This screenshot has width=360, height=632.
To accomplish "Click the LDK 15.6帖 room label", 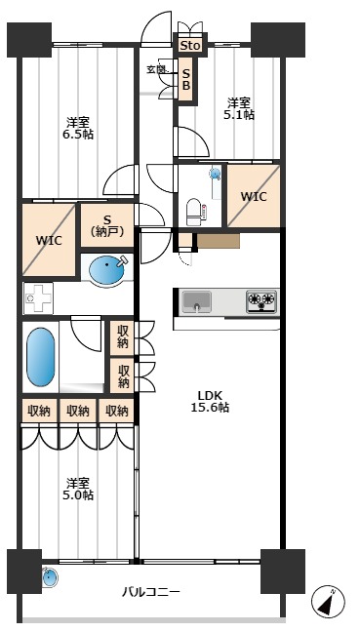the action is pos(210,402).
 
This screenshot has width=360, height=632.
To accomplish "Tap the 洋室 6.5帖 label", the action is pos(78,128).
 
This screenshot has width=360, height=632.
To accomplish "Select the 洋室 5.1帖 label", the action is pos(239,108).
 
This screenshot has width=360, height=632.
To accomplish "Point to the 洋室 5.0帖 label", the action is pos(78,489).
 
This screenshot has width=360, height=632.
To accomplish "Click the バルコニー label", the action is pos(151,592).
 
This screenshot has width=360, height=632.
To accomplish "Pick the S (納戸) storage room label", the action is pos(107,225).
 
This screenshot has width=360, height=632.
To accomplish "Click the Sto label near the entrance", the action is pos(190,46).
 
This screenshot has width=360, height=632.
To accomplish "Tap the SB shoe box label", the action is pos(185,79).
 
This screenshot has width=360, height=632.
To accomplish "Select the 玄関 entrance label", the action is pos(156,69).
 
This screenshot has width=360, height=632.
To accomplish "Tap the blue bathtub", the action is pos(40,357).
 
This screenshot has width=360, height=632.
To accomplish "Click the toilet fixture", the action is pos(194,212).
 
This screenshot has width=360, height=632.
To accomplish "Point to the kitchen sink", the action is pos(196,301).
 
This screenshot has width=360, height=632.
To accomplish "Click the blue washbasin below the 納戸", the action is pos(107,269).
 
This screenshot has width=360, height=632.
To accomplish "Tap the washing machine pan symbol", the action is pos(38,298).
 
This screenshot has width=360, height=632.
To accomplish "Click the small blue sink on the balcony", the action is pos(50,577).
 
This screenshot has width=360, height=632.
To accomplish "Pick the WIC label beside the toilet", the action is pos(254,197).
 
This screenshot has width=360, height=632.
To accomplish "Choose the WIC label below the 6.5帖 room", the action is pos(49,241).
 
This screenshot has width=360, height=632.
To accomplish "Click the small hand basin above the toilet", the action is pos(216,175).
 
